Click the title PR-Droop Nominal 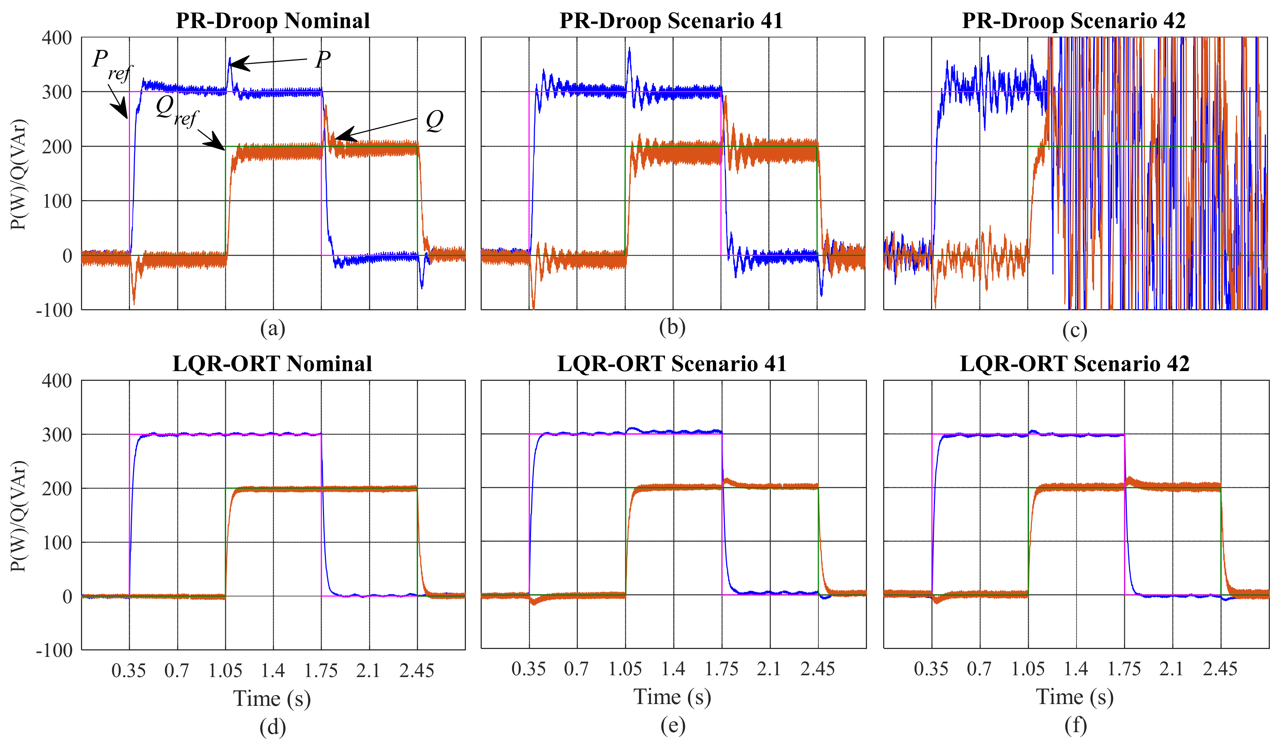[273, 21]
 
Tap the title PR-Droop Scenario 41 [671, 21]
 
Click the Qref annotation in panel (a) [175, 111]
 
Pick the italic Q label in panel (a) [434, 121]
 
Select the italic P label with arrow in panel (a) [323, 59]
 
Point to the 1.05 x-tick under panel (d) [225, 671]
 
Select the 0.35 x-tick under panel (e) [528, 669]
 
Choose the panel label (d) [273, 727]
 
